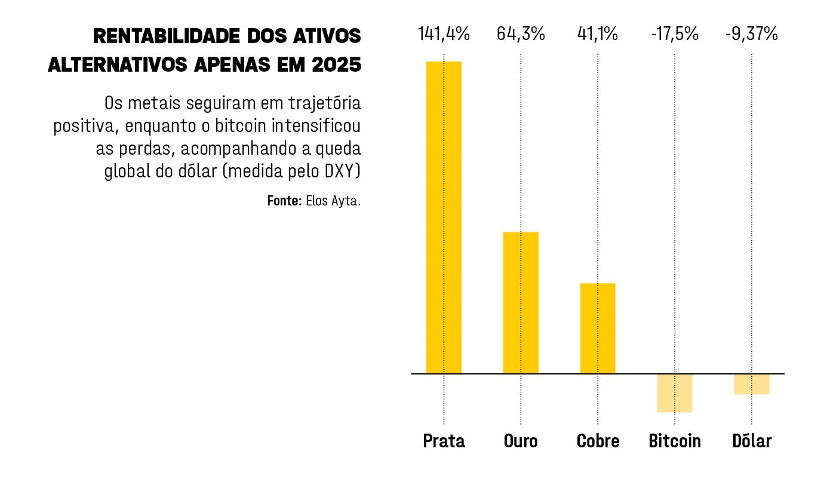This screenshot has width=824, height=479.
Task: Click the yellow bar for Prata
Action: click(x=444, y=217)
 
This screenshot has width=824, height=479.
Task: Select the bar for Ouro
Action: click(x=521, y=303)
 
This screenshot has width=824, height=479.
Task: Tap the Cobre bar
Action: click(x=597, y=328)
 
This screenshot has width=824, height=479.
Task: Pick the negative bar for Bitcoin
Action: click(x=675, y=393)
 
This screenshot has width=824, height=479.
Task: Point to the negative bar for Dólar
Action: click(x=752, y=384)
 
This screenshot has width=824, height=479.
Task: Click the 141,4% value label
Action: click(x=444, y=34)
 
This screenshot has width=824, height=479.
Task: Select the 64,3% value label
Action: click(x=521, y=34)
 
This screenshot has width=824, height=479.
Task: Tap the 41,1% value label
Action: click(x=597, y=34)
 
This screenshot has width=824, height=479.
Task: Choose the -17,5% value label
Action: click(x=675, y=34)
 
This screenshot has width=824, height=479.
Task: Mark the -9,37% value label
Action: click(x=752, y=34)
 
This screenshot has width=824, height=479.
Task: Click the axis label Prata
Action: click(x=444, y=441)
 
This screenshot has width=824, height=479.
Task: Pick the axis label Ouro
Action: click(x=521, y=441)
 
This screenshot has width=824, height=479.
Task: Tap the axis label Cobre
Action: click(x=598, y=441)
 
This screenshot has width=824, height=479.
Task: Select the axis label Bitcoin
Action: click(x=675, y=441)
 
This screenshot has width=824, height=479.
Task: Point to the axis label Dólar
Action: click(x=752, y=441)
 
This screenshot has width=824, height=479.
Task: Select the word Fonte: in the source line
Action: click(x=284, y=201)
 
